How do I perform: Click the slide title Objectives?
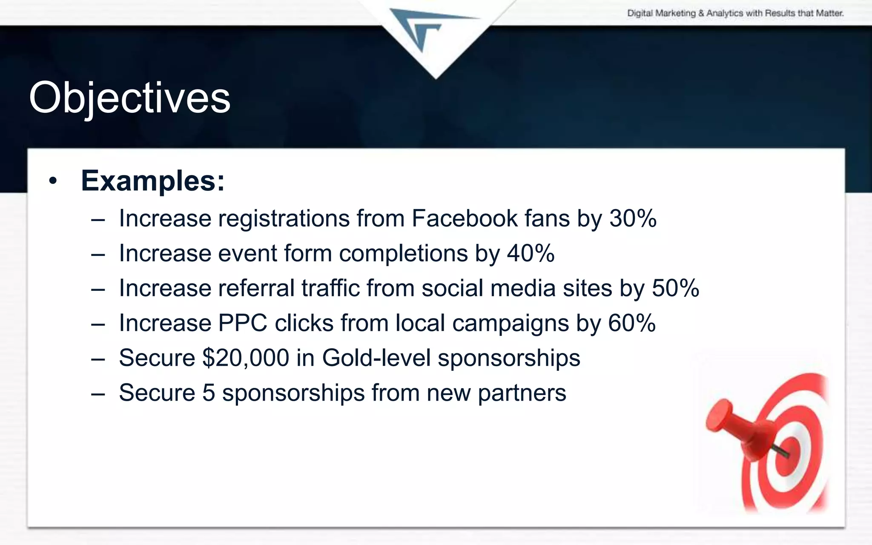(x=129, y=98)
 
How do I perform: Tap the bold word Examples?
(x=152, y=181)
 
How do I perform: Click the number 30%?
(x=633, y=218)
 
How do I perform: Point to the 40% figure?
(x=531, y=253)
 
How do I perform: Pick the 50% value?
(x=675, y=288)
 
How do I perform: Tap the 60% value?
(x=632, y=323)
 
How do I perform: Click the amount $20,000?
(x=246, y=358)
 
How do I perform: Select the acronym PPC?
(x=243, y=323)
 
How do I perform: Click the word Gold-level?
(x=376, y=358)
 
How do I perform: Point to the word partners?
(x=522, y=393)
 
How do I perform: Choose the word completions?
(x=404, y=253)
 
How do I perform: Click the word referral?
(x=256, y=288)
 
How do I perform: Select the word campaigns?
(x=511, y=323)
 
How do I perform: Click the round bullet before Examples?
(x=53, y=181)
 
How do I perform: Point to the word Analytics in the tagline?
(x=725, y=13)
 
